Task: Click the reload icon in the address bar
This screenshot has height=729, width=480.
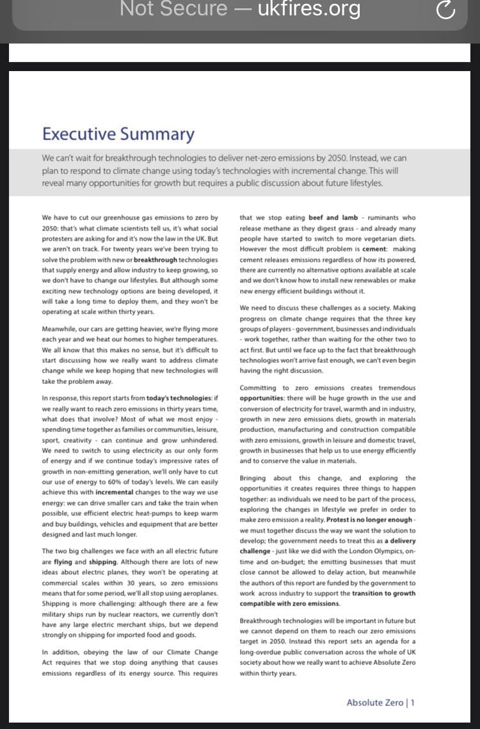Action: tap(445, 10)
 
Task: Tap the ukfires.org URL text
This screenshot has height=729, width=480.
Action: tap(308, 9)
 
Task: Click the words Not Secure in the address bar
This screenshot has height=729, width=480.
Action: tap(173, 9)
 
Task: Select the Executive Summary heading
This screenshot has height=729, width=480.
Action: tap(118, 134)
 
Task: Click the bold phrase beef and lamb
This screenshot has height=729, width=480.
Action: tap(333, 218)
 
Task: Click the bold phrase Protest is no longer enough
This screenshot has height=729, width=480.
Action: tap(369, 520)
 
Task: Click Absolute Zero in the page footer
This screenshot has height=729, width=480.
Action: tap(374, 702)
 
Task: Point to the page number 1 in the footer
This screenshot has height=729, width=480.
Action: tap(413, 702)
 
